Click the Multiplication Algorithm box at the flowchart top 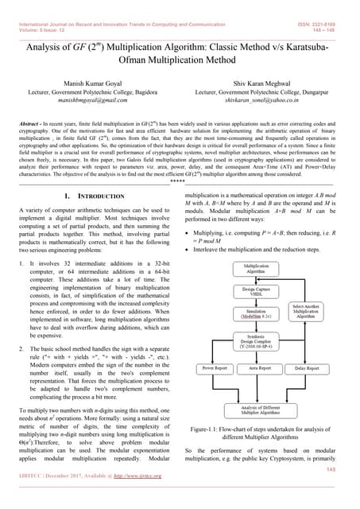pyautogui.click(x=255, y=268)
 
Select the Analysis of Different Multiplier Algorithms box pyautogui.click(x=255, y=410)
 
